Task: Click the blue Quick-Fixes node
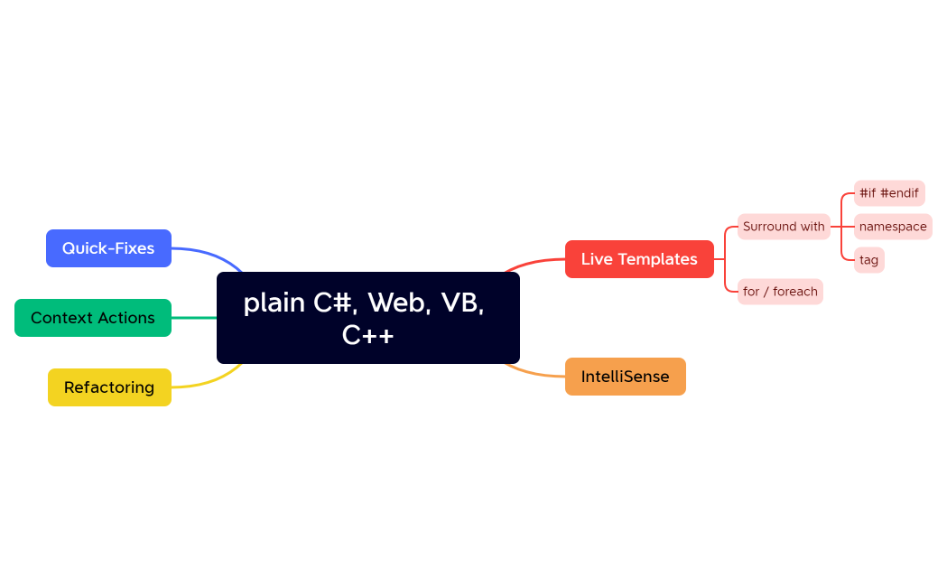coord(108,248)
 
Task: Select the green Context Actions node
coord(92,318)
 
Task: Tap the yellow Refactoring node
coord(109,387)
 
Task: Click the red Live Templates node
coord(639,259)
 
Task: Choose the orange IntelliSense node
coord(625,377)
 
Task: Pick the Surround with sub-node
coord(784,227)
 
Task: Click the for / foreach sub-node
coord(780,292)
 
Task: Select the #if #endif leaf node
coord(888,193)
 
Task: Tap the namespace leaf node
coord(892,227)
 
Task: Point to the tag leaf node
coord(868,260)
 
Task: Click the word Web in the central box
coord(397,303)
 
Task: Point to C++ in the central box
coord(367,335)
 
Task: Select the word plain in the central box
coord(274,303)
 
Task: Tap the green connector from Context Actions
coord(194,318)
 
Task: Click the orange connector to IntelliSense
coord(537,374)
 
